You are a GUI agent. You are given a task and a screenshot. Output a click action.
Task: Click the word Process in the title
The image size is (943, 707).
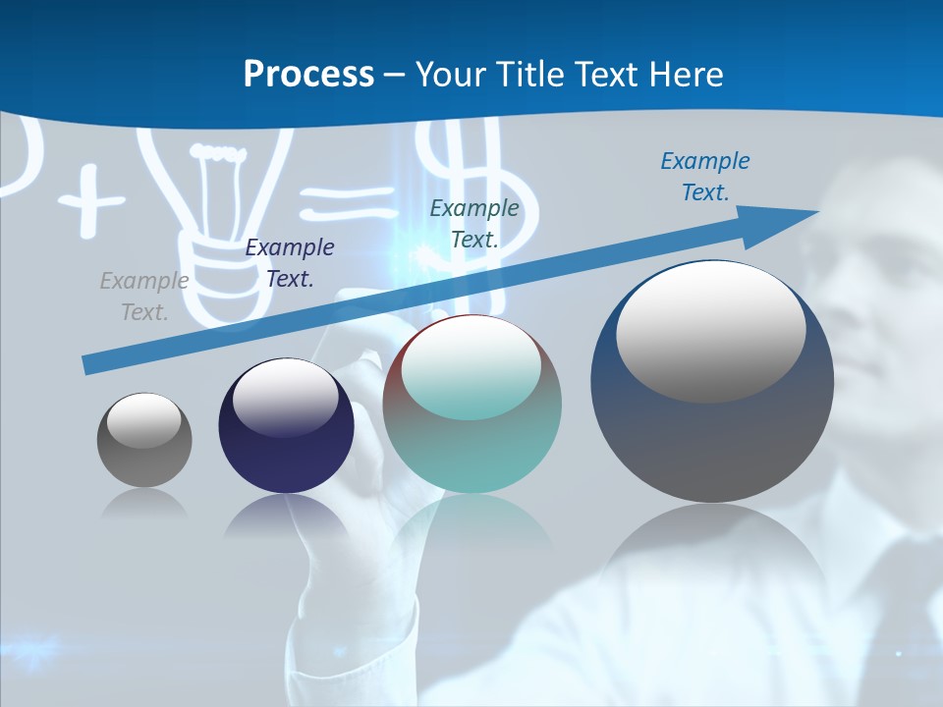[x=308, y=75]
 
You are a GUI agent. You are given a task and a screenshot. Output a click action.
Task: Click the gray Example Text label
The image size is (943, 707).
[x=144, y=297]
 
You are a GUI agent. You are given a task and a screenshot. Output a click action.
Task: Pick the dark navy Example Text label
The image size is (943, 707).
[x=289, y=263]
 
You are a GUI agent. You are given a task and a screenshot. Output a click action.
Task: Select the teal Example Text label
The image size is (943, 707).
[x=473, y=223]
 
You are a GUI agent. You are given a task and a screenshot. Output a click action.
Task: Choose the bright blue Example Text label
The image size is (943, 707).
[x=704, y=177]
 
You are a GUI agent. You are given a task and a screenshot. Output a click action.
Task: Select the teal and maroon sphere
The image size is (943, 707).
[x=472, y=432]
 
